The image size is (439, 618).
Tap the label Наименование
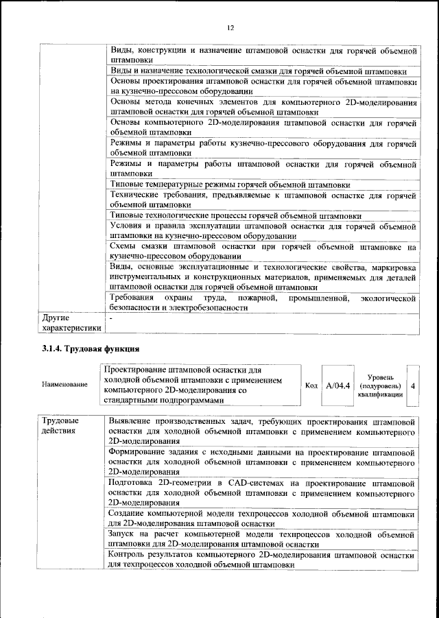tap(64, 385)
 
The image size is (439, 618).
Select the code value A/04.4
tap(337, 385)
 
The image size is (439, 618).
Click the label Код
tap(311, 385)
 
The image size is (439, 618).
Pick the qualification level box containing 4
tap(413, 385)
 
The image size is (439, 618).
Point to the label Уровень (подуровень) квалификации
tap(380, 385)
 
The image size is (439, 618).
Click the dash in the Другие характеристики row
tap(110, 318)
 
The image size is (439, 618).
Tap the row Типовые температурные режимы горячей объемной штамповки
tap(230, 185)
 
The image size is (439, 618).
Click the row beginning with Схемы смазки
tap(263, 251)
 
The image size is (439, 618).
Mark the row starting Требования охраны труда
tap(263, 302)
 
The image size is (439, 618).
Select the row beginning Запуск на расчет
tap(263, 539)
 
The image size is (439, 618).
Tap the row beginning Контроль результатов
tap(263, 560)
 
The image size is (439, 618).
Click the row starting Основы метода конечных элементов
tap(263, 107)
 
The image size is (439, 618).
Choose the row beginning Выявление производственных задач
tap(263, 431)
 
